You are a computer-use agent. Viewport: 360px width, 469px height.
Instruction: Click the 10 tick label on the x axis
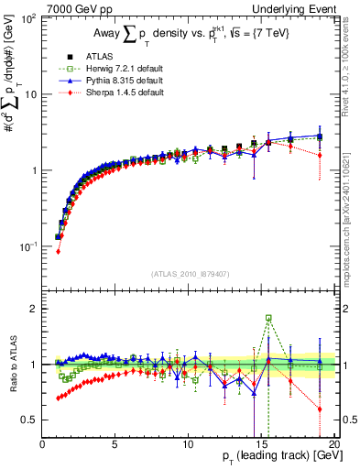click(x=188, y=444)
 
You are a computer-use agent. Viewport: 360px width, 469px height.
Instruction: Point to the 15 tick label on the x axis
click(x=260, y=444)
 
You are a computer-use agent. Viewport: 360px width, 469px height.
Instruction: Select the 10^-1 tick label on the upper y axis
click(x=27, y=246)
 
